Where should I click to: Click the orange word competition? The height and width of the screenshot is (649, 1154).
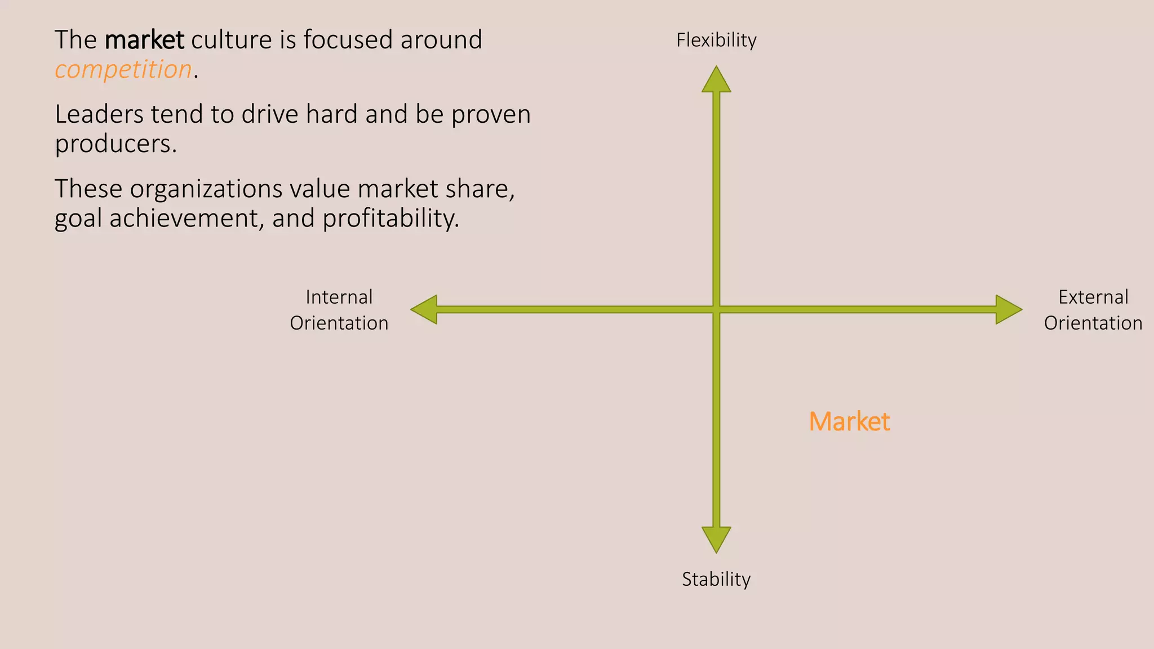123,70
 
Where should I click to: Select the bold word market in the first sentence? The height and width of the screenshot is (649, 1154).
144,40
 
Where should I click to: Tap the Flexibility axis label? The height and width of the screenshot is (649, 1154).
716,40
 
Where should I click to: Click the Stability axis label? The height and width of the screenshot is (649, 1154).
716,579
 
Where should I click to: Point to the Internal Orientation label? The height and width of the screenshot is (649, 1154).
339,310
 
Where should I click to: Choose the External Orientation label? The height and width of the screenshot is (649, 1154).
1093,310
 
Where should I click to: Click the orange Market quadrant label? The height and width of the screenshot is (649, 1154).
849,421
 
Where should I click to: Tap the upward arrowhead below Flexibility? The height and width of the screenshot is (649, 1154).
716,80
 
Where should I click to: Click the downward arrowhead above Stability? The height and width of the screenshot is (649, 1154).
716,539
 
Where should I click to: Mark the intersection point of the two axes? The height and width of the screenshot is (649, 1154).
716,309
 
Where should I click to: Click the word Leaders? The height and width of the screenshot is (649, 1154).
99,114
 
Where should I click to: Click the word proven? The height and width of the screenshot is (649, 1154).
491,114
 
